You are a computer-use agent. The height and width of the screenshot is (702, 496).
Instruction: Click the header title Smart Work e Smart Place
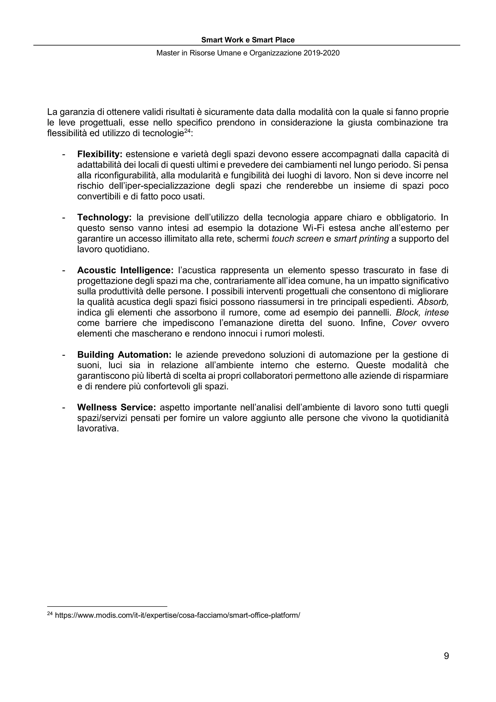tap(248, 40)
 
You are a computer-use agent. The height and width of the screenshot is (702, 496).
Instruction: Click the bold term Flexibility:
tap(100, 154)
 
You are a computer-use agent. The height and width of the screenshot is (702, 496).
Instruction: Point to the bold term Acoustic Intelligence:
tap(125, 270)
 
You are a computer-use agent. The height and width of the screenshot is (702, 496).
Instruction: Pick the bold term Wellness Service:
tap(116, 408)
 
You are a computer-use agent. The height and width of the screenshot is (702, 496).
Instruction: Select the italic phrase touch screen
tap(297, 239)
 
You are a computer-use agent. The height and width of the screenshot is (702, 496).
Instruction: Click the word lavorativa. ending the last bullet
tap(98, 429)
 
